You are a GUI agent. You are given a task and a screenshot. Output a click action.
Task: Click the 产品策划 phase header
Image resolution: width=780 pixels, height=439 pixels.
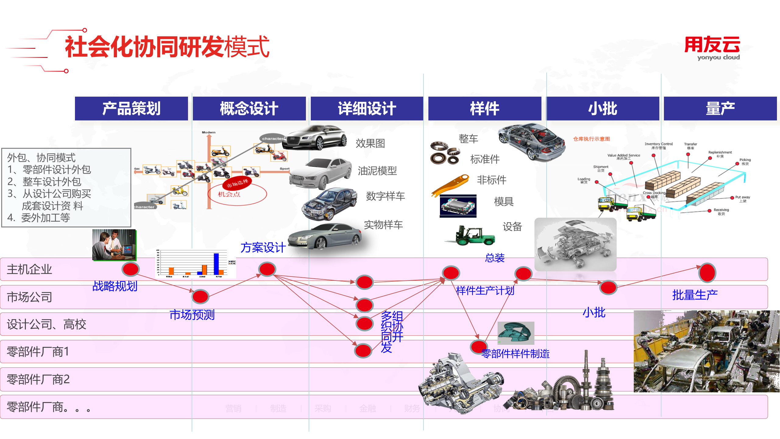(131, 109)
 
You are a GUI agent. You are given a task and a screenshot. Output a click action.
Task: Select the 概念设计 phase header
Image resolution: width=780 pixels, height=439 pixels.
(249, 109)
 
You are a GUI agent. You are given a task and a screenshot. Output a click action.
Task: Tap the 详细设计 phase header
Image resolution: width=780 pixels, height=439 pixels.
(367, 109)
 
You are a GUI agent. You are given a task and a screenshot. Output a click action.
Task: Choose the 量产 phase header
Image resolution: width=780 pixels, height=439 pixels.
(720, 109)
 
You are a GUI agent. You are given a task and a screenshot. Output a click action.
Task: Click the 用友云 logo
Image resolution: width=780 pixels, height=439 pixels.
(712, 48)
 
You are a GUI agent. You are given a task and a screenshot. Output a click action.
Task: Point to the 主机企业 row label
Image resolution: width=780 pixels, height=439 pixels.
(30, 269)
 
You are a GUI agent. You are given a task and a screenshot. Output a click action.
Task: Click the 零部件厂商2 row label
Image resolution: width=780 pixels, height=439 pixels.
(38, 379)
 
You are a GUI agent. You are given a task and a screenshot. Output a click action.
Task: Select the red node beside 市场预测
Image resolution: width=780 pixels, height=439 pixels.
(200, 296)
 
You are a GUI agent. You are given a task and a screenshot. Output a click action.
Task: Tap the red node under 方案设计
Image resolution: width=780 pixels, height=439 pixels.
(267, 269)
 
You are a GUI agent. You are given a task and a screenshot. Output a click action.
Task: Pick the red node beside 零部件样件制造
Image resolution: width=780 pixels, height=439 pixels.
(478, 347)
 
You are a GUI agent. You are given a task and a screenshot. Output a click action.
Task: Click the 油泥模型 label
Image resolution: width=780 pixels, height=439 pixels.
(377, 171)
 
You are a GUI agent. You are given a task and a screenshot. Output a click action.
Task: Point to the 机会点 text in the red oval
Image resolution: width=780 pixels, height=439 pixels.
(229, 194)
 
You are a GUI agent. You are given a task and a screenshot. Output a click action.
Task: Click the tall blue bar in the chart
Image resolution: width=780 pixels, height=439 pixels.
(216, 264)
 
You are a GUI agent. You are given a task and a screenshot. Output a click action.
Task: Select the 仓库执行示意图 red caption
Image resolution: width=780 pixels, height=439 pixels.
(591, 139)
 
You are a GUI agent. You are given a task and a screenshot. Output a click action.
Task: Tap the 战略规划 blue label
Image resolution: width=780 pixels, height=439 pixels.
(115, 286)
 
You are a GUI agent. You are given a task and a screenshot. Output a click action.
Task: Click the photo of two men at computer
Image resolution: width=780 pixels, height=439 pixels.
(114, 245)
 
